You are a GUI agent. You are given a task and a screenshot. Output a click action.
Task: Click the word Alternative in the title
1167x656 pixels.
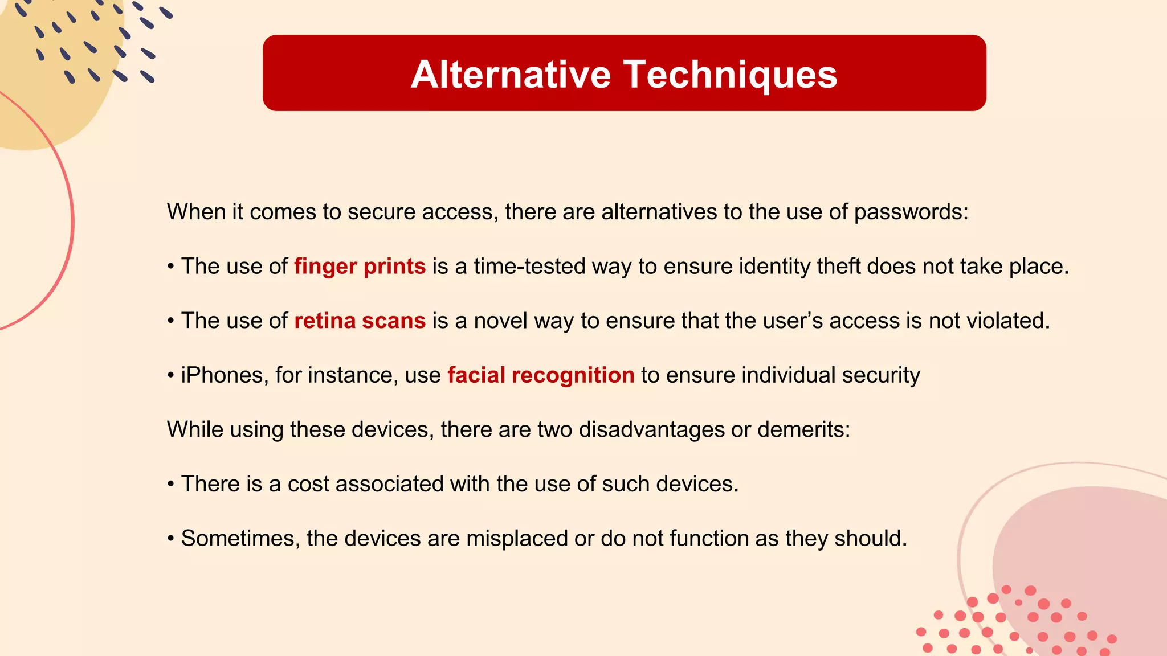[x=511, y=75]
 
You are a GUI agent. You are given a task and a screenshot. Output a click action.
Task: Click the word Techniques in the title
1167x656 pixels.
[x=730, y=75]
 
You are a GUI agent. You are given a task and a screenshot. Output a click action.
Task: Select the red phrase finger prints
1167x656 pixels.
[x=360, y=266]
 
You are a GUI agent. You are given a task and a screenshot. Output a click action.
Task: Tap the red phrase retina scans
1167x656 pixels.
[x=360, y=321]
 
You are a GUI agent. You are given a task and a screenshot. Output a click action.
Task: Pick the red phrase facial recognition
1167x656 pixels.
[x=541, y=375]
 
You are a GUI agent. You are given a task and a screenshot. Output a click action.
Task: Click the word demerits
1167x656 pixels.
[x=803, y=429]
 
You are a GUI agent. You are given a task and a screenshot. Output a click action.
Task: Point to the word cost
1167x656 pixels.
[x=308, y=484]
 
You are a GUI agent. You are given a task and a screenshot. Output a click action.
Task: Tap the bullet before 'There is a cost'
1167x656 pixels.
[x=171, y=485]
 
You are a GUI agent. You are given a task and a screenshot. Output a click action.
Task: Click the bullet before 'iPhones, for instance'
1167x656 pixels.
[x=171, y=376]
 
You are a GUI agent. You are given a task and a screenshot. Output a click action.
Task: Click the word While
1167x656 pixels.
[x=195, y=429]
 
